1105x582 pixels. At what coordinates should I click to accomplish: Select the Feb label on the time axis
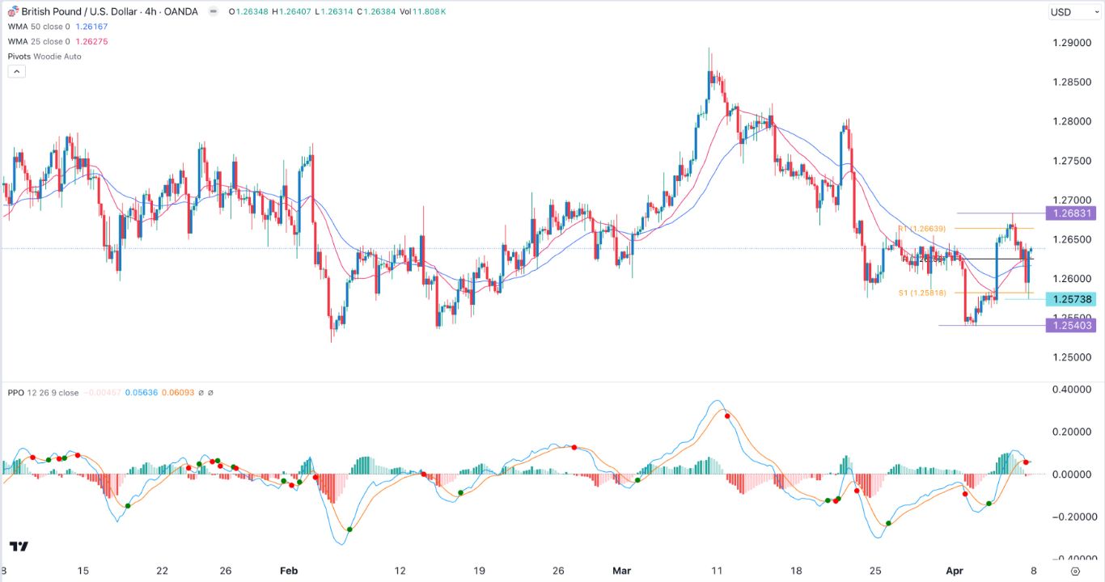(x=289, y=571)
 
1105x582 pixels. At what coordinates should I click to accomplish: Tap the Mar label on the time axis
(x=621, y=571)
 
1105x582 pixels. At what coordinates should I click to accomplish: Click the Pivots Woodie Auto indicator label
(x=44, y=57)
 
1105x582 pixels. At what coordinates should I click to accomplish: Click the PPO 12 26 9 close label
(x=42, y=393)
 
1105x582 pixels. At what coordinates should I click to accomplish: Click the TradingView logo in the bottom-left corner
(x=19, y=546)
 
